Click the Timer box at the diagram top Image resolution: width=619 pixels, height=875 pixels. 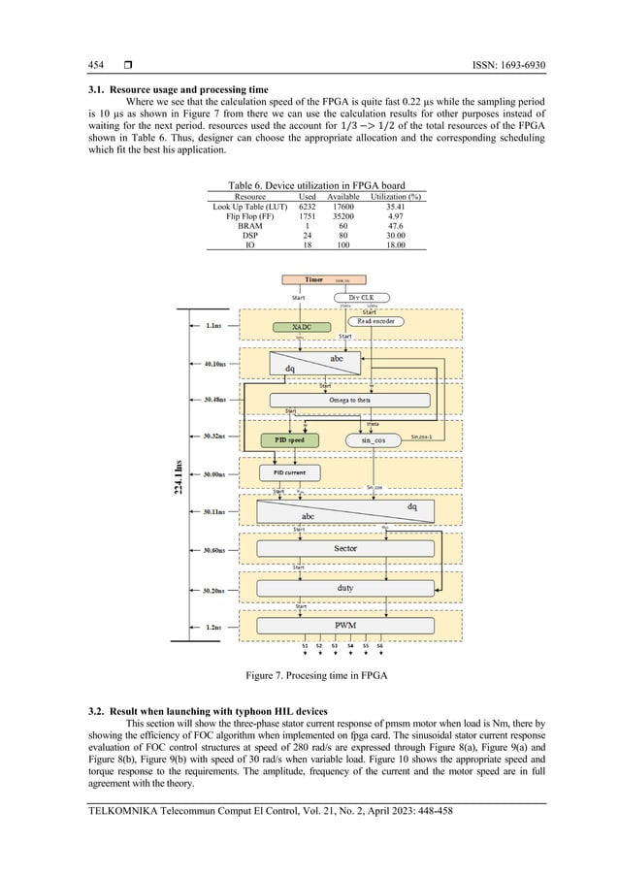click(x=315, y=279)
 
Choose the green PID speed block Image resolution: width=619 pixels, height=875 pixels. click(x=289, y=439)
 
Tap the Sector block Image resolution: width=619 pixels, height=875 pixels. click(x=345, y=548)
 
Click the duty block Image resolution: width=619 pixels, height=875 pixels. click(x=345, y=587)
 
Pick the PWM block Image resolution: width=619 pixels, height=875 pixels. click(x=345, y=625)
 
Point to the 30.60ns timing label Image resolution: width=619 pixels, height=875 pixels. click(x=215, y=549)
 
